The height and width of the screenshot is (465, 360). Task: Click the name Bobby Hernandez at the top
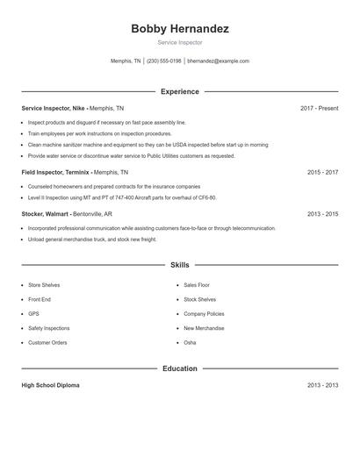180,29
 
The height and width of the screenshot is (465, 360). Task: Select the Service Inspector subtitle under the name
180,42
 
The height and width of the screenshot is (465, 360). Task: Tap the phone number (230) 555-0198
164,61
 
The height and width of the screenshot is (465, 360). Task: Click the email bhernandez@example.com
219,61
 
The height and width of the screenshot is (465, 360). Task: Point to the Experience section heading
180,91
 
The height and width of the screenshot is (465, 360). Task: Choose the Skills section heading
180,264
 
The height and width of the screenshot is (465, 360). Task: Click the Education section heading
180,368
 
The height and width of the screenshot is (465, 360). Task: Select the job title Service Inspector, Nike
54,108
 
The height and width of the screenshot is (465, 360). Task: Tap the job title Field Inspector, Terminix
55,173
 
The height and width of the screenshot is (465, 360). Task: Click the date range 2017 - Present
319,108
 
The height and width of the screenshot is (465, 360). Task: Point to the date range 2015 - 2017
322,173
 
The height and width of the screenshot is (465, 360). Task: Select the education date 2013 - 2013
322,385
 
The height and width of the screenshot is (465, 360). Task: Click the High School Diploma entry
51,385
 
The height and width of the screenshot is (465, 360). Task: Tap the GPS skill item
33,313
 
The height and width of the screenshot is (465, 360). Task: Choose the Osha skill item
190,342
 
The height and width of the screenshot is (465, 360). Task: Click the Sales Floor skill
197,285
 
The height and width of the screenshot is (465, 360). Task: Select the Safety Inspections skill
48,328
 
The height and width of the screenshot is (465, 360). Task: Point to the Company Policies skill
204,313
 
